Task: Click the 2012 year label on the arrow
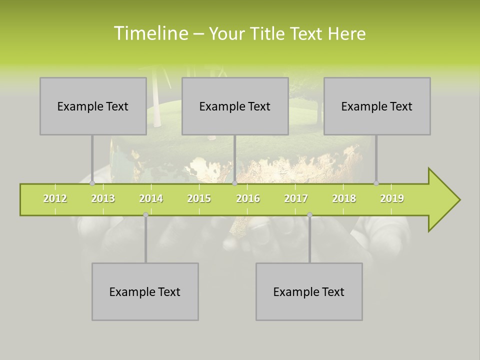click(x=55, y=198)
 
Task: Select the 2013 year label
click(x=103, y=198)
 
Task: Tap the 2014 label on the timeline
click(x=151, y=198)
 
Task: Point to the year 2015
click(x=199, y=198)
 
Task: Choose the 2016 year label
click(x=248, y=198)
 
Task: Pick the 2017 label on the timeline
click(x=296, y=198)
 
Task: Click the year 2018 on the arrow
click(x=344, y=198)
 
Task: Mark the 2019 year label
click(x=392, y=198)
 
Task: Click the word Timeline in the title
click(x=150, y=33)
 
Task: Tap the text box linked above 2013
click(x=93, y=106)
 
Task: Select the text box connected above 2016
click(x=235, y=106)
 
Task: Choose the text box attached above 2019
click(x=377, y=106)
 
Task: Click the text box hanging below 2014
click(x=145, y=291)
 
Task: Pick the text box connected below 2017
click(x=309, y=291)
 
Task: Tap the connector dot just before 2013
click(x=92, y=183)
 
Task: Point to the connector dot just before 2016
click(x=234, y=183)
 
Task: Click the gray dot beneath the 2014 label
click(x=145, y=214)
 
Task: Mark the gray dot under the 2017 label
click(x=309, y=214)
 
